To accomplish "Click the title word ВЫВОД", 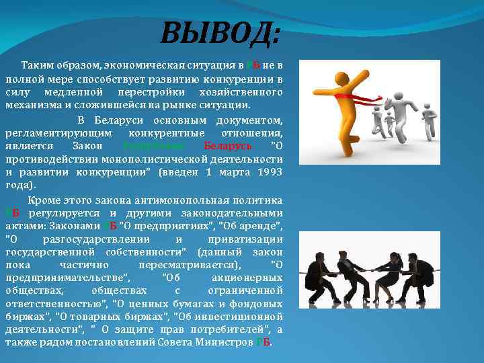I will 220,32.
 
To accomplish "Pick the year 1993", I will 269,173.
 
